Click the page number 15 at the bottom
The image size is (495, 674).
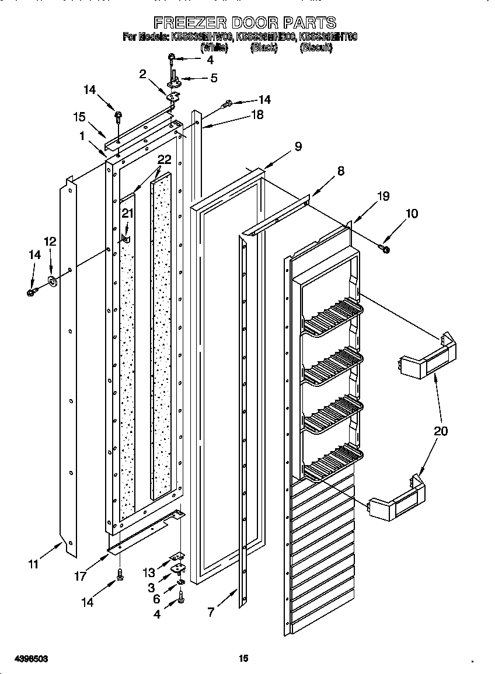[x=244, y=658]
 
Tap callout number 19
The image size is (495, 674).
[x=382, y=196]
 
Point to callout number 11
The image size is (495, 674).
[x=33, y=564]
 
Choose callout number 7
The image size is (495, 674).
[x=210, y=612]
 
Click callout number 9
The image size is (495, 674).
[x=298, y=146]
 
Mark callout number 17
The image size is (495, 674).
[x=81, y=577]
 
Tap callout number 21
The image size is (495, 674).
[x=127, y=213]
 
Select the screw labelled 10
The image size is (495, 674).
[x=385, y=249]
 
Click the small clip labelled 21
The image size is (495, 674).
[x=125, y=239]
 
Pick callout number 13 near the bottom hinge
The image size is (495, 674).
[x=151, y=573]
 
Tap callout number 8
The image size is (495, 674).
[x=340, y=171]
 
